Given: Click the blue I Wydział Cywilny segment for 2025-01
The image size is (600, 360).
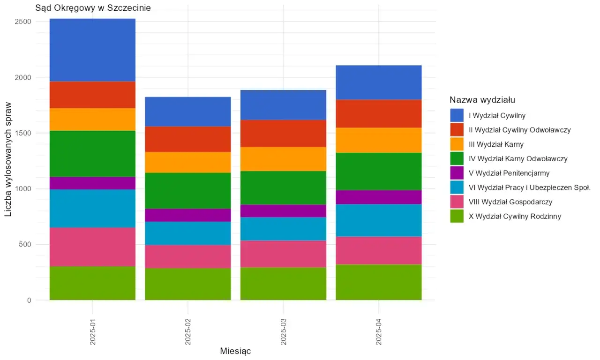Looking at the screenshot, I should pyautogui.click(x=92, y=50).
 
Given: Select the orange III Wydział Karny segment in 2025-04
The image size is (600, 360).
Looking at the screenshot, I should pyautogui.click(x=379, y=140).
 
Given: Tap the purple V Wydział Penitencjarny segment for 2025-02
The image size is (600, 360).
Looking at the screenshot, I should pyautogui.click(x=187, y=215).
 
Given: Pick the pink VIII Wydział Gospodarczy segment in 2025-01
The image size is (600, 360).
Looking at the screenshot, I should pyautogui.click(x=92, y=247).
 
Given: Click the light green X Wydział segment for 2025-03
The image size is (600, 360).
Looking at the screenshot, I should pyautogui.click(x=283, y=284).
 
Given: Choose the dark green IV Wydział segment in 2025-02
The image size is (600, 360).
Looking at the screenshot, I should pyautogui.click(x=187, y=191).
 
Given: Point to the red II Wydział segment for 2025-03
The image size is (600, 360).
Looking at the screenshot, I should pyautogui.click(x=283, y=134).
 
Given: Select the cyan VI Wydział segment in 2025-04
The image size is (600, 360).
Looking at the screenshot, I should pyautogui.click(x=379, y=220).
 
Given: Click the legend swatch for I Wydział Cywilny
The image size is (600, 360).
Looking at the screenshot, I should pyautogui.click(x=457, y=115).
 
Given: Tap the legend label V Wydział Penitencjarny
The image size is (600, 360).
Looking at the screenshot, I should pyautogui.click(x=509, y=173).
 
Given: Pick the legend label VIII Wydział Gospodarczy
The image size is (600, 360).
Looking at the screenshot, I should pyautogui.click(x=510, y=202).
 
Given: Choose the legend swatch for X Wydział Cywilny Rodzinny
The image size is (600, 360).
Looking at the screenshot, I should pyautogui.click(x=457, y=216).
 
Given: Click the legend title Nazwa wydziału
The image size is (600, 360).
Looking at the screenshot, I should pyautogui.click(x=483, y=100).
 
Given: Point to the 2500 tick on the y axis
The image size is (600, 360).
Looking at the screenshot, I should pyautogui.click(x=23, y=22).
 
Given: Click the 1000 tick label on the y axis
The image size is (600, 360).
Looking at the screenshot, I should pyautogui.click(x=23, y=189).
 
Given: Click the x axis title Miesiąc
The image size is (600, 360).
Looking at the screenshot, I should pyautogui.click(x=235, y=351).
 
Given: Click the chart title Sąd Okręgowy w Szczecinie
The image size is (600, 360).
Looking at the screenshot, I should pyautogui.click(x=93, y=8).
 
